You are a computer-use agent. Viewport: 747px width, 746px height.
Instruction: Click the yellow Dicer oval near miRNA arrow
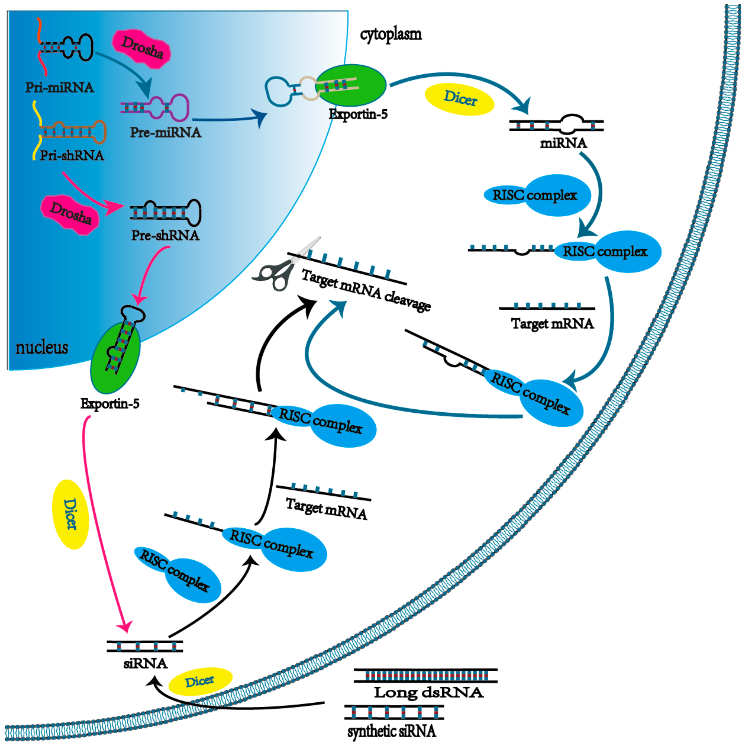point(459,99)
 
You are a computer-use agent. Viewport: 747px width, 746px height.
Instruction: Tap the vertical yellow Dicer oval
point(70,514)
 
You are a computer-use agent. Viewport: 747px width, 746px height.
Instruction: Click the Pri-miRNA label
point(60,87)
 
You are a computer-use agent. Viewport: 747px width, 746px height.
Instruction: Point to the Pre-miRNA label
point(165,132)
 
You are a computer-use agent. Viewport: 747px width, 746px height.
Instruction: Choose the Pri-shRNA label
point(72,155)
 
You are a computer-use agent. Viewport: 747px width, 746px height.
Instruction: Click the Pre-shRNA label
point(165,235)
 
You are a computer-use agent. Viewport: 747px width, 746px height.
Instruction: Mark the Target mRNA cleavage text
point(365,290)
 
